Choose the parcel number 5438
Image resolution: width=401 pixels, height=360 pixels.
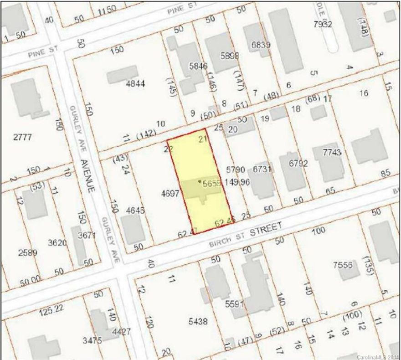click(x=197, y=322)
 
